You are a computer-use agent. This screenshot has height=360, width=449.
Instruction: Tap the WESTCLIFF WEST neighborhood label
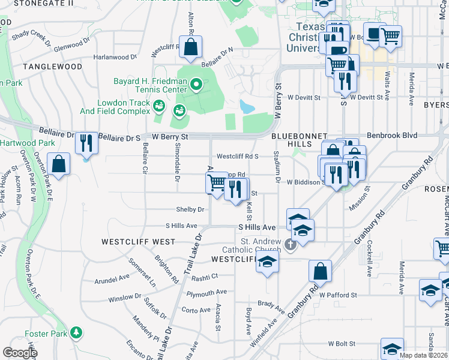(138, 242)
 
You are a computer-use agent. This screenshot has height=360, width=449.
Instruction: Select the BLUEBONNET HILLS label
(291, 140)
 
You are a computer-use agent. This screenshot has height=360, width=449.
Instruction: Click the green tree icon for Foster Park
(76, 332)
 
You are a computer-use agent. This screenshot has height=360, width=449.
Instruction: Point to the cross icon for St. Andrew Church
(291, 244)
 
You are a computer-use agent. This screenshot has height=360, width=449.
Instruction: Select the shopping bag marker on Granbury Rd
(321, 271)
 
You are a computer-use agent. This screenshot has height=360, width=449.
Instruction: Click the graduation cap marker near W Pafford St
(430, 290)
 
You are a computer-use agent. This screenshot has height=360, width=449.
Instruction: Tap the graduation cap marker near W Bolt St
(392, 349)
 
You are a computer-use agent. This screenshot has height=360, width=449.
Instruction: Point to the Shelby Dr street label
(190, 209)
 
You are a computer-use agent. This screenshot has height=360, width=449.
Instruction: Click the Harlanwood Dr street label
(116, 58)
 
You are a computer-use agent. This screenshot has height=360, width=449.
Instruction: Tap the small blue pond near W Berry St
(247, 107)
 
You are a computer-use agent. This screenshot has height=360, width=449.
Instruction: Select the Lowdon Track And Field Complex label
(115, 107)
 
